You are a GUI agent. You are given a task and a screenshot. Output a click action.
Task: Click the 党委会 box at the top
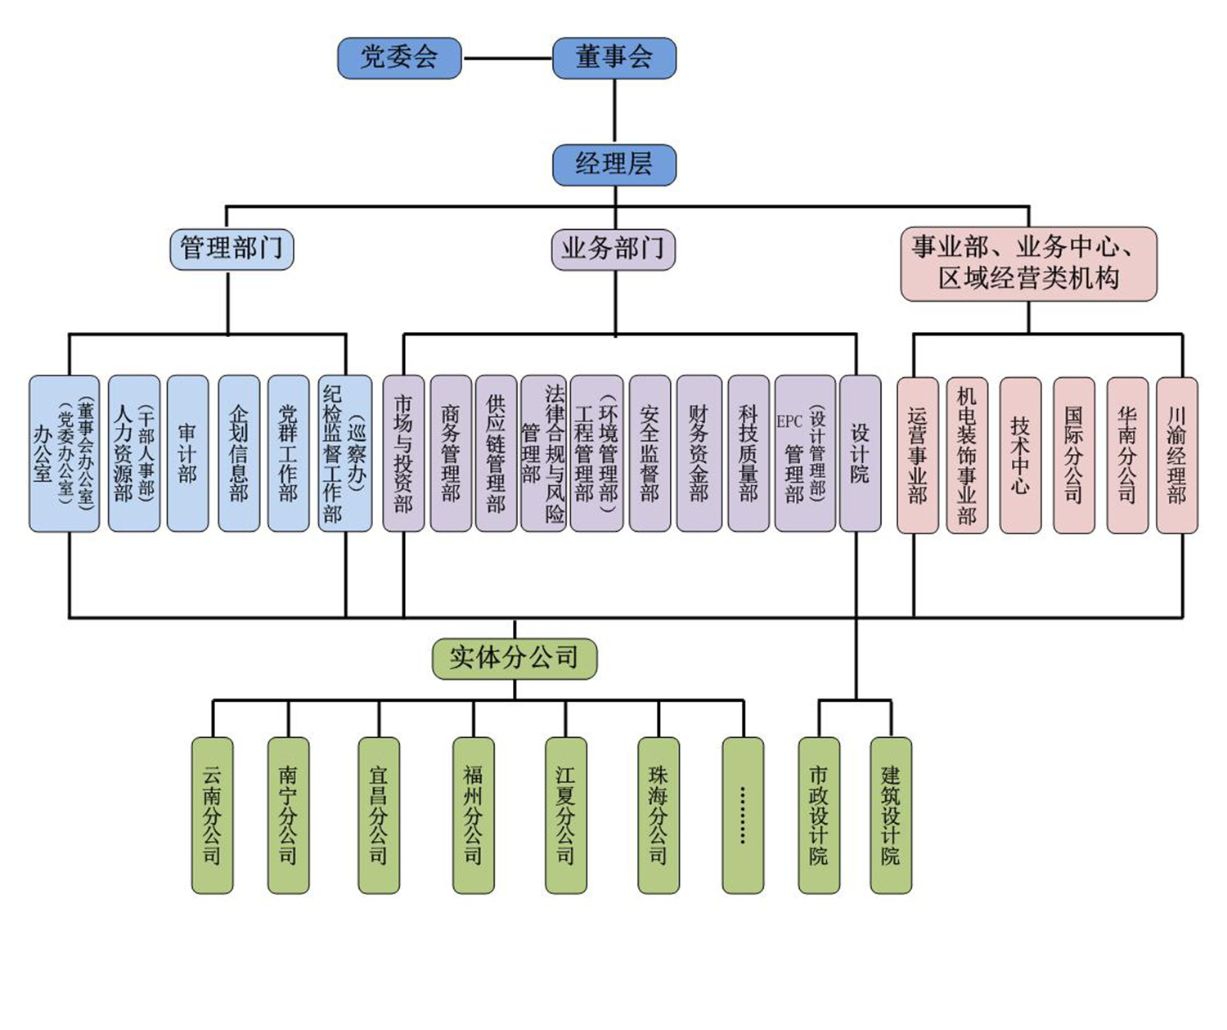[x=399, y=58]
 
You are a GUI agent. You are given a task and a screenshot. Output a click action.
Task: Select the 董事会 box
[x=613, y=58]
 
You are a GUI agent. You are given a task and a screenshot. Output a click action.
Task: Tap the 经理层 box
[x=613, y=164]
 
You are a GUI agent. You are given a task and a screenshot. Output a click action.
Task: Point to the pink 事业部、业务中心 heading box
[x=1028, y=263]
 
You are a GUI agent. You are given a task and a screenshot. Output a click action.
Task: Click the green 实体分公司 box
[x=514, y=658]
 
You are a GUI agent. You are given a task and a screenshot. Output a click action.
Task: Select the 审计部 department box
[x=187, y=453]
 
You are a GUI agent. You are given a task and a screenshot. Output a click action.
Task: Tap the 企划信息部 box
[x=239, y=453]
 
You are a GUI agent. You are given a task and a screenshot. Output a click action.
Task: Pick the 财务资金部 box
[x=699, y=453]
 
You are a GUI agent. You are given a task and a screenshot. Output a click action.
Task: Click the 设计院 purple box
[x=860, y=453]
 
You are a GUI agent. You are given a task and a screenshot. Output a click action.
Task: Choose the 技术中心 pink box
[x=1020, y=455]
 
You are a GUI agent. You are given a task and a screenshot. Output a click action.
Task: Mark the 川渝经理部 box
[x=1177, y=455]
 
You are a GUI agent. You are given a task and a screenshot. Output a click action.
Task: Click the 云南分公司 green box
[x=212, y=815]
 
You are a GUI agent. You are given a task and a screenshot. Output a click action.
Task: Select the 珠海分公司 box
[x=658, y=815]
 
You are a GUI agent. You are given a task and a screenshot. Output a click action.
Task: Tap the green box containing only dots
[x=743, y=815]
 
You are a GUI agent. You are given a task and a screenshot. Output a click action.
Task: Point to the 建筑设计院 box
[x=891, y=815]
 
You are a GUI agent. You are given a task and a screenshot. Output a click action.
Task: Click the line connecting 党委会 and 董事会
[x=507, y=59]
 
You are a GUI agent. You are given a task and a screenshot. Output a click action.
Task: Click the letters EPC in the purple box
[x=789, y=422]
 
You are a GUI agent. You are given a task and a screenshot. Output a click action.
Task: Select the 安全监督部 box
[x=649, y=453]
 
